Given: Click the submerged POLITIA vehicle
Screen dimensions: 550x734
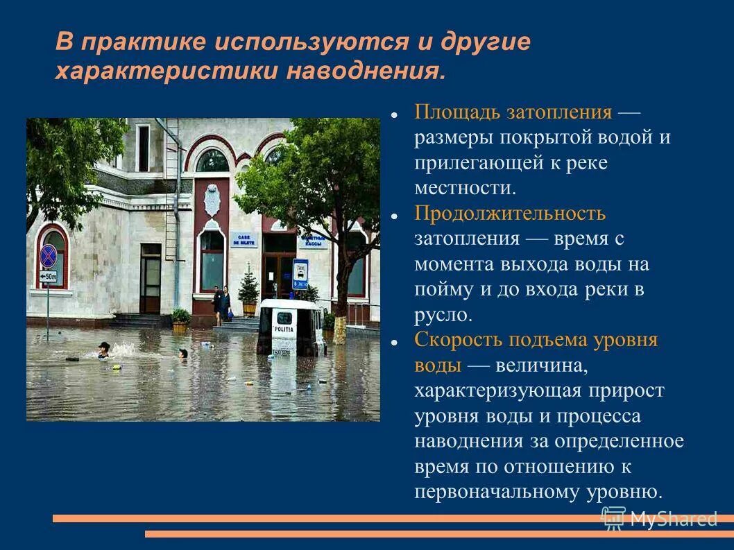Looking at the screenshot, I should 290,327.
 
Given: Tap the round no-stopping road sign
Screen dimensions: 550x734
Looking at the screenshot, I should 49,255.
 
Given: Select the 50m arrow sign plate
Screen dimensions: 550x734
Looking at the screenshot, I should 48,277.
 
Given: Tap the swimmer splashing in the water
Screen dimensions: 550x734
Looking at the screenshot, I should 104,349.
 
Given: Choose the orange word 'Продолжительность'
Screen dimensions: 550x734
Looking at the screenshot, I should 510,213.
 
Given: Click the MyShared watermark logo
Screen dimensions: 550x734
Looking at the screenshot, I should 658,517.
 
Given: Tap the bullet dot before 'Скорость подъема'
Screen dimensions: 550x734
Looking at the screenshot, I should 393,342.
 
